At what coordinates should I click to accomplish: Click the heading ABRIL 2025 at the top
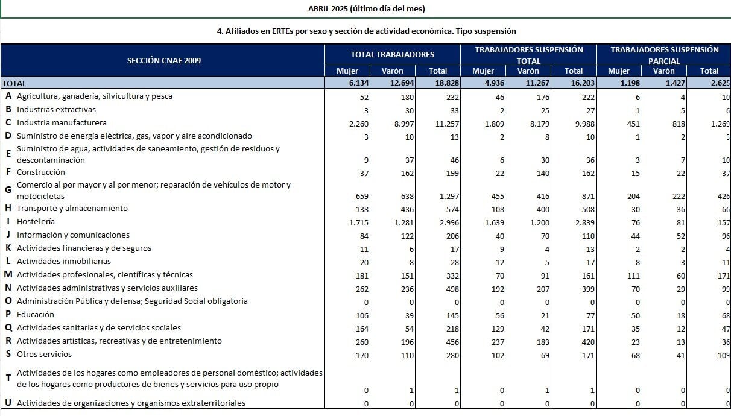[366, 8]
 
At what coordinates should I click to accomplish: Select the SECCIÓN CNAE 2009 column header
[164, 60]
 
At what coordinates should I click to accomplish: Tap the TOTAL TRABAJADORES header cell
[392, 54]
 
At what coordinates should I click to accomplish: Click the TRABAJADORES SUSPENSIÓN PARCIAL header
[664, 55]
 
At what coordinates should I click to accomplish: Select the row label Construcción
[40, 172]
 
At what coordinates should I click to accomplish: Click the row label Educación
[36, 315]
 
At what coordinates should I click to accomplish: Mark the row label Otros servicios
[44, 355]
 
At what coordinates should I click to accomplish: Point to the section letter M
[8, 275]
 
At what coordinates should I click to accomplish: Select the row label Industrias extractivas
[56, 110]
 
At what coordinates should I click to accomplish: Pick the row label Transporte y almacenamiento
[72, 209]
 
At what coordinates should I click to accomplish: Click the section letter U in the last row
[8, 403]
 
